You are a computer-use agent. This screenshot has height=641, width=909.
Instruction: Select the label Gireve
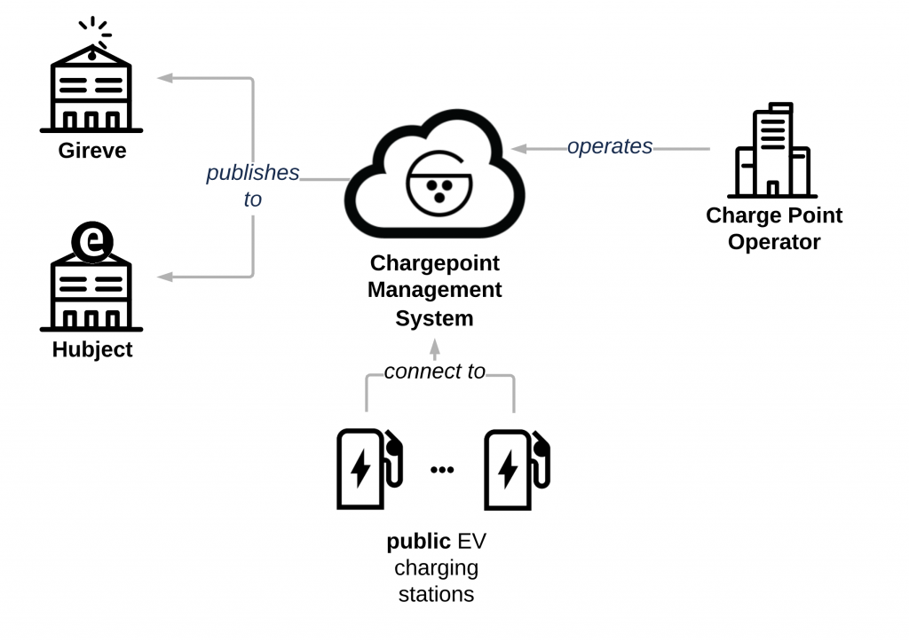(92, 151)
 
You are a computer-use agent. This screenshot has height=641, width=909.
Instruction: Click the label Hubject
(92, 349)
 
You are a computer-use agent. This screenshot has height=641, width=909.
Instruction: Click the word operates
(610, 146)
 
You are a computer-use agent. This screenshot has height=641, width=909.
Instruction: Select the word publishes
(253, 173)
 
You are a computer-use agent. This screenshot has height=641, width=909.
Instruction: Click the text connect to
(435, 371)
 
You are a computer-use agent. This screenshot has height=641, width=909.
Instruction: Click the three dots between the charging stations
(441, 470)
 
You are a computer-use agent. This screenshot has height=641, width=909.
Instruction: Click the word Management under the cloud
(435, 290)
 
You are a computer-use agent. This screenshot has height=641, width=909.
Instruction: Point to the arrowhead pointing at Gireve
(164, 78)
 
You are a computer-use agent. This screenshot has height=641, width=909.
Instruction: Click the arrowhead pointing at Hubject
(164, 277)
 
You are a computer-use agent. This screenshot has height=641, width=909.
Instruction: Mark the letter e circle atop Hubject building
(91, 243)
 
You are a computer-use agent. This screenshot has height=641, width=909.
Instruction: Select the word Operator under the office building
(774, 242)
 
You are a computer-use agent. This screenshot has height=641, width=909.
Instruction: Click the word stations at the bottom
(436, 593)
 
